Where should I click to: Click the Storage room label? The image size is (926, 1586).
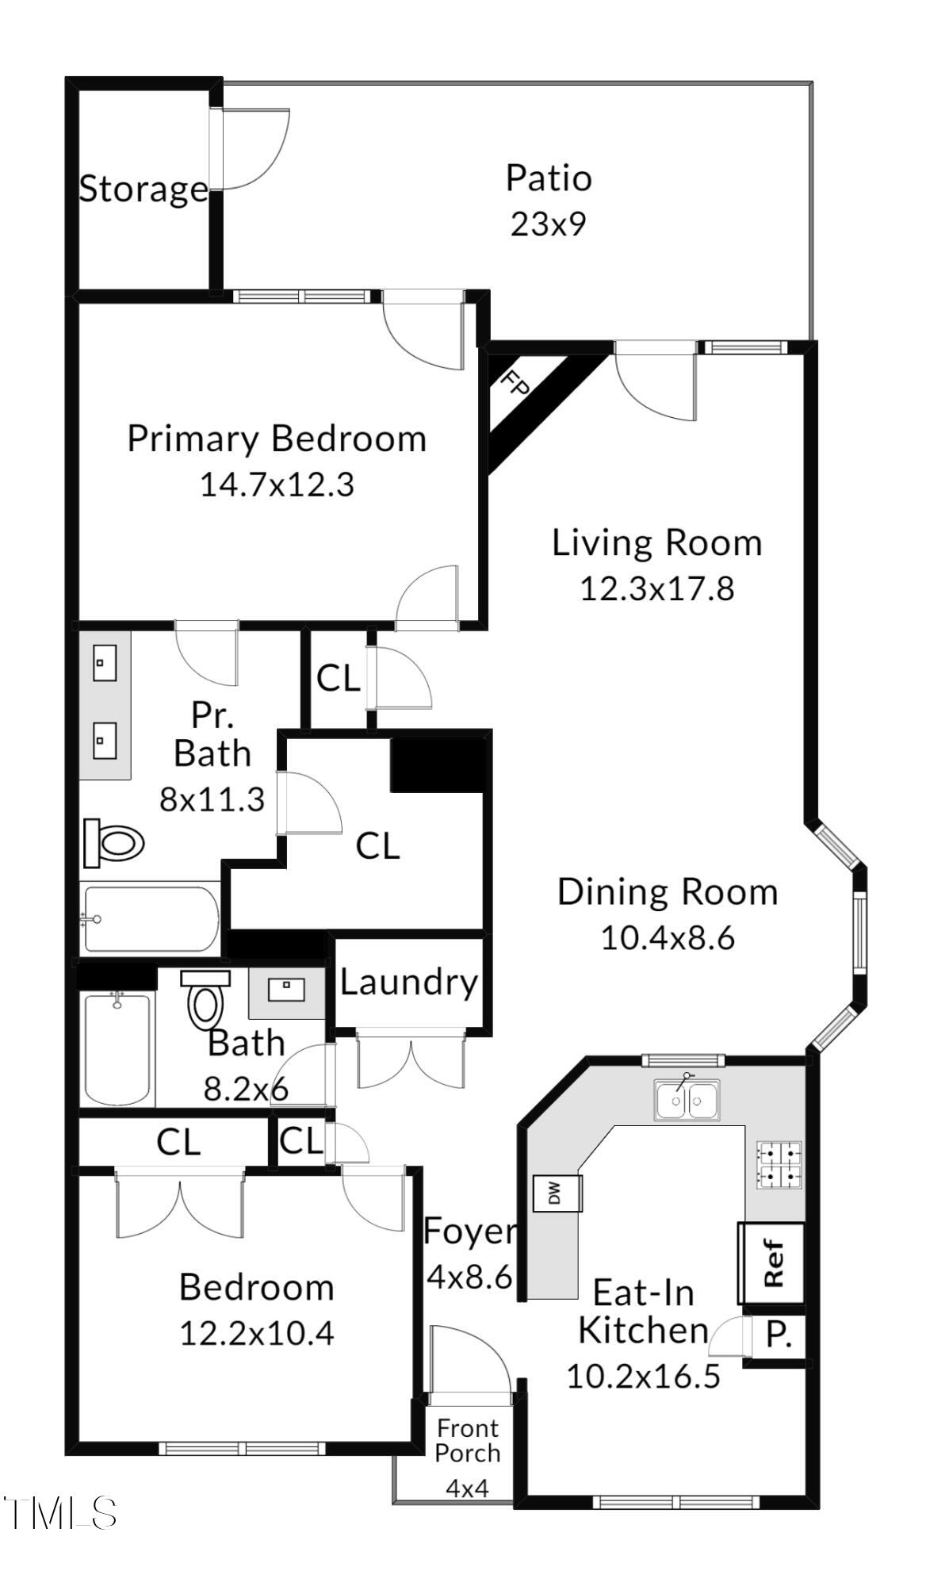pos(143,189)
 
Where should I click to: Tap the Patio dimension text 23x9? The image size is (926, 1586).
pos(548,224)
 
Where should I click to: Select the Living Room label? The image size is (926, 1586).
pos(656,543)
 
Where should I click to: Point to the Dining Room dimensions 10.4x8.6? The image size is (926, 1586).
pos(668,938)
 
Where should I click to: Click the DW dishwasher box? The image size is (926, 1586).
pos(557,1193)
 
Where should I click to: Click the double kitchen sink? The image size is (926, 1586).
pos(687,1100)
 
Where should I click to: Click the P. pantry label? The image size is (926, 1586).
pos(779,1335)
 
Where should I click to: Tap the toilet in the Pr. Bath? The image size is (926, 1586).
pos(114,843)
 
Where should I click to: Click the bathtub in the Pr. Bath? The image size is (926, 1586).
pos(151,919)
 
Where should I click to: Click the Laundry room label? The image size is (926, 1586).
pos(409,983)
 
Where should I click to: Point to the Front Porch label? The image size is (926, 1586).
pos(468,1441)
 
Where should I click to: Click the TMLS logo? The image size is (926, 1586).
pos(60,1513)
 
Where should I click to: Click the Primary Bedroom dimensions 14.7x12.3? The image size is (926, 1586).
pos(277,485)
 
